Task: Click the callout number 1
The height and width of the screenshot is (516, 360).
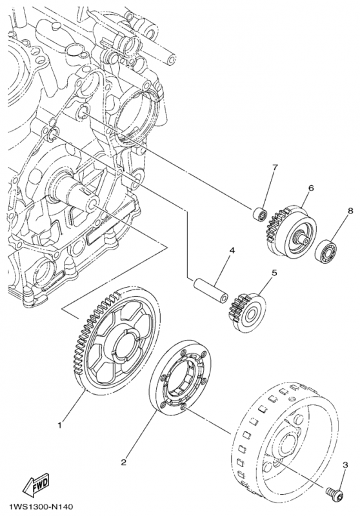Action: pos(60,424)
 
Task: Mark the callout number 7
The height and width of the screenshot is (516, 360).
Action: pos(274,168)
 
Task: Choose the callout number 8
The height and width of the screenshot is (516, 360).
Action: pos(350,211)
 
